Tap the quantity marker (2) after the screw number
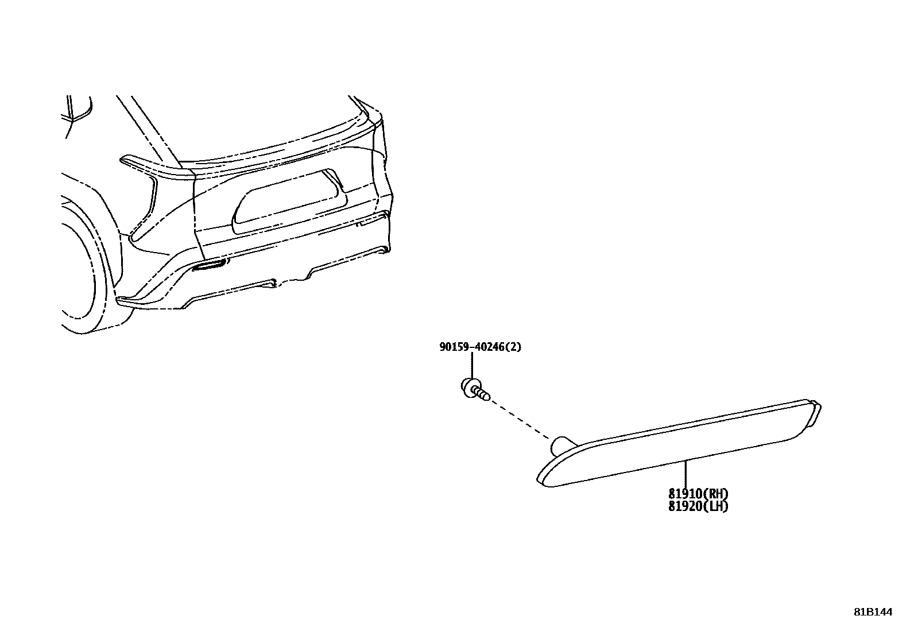tap(514, 347)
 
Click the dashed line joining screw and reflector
tap(520, 417)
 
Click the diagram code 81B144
tap(873, 612)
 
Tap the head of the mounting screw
tap(467, 386)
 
